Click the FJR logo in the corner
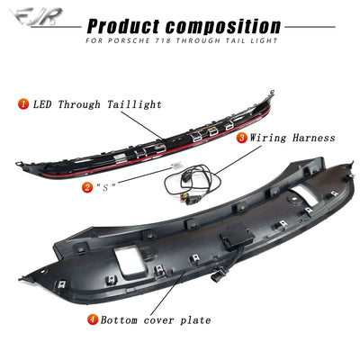pos(36,16)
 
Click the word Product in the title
pos(124,26)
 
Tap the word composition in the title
pos(223,26)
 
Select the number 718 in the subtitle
pos(164,40)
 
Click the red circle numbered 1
pos(23,104)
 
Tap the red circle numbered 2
pos(87,187)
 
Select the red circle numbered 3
pos(242,138)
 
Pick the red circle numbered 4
pos(94,319)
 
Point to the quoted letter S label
pos(105,188)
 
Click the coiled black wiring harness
pos(193,184)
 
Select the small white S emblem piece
pos(175,166)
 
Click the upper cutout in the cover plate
pos(303,195)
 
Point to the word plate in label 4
pos(195,320)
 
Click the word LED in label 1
pos(42,104)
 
